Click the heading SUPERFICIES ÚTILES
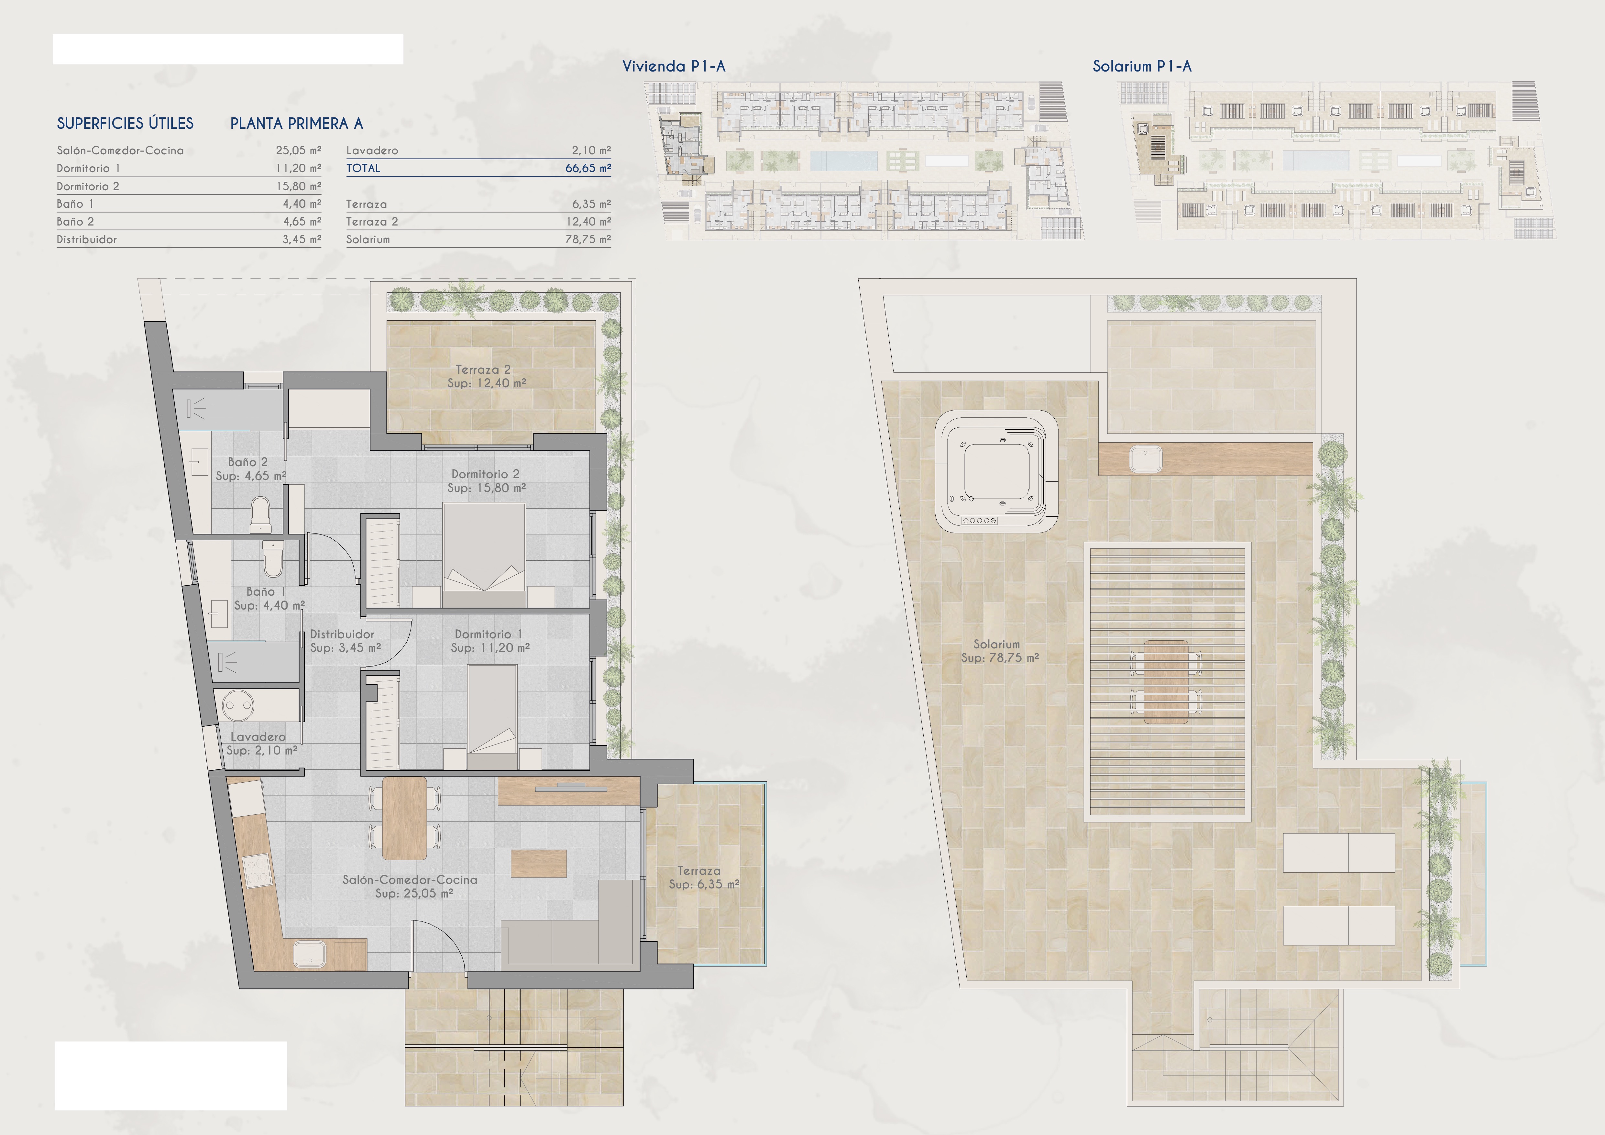click(x=125, y=124)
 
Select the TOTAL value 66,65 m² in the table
click(x=588, y=169)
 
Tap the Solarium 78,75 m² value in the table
click(x=588, y=239)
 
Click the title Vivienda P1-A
click(x=674, y=66)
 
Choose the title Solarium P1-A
click(x=1142, y=66)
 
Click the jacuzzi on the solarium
click(x=996, y=472)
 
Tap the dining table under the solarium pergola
click(x=1165, y=681)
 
